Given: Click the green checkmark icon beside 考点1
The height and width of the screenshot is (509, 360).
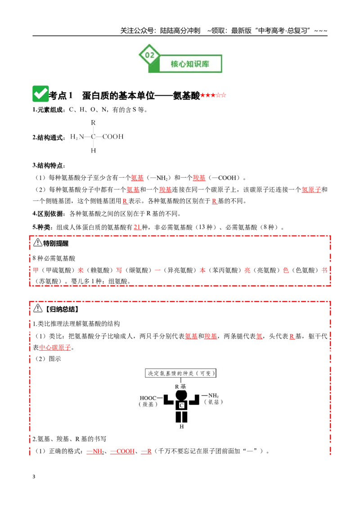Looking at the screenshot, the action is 40,94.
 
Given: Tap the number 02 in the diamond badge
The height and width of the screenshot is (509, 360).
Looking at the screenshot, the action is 149,55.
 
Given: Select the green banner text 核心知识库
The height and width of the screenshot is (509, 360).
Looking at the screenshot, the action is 190,64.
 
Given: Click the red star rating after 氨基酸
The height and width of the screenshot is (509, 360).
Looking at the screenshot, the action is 213,95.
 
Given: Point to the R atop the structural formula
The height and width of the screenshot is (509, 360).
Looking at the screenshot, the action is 93,123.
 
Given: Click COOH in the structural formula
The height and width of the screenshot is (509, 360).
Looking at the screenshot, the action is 113,137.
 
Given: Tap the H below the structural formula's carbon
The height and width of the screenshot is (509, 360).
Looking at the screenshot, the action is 93,151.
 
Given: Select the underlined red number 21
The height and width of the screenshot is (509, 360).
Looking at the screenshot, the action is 137,227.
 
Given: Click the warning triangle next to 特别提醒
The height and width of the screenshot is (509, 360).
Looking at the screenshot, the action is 38,242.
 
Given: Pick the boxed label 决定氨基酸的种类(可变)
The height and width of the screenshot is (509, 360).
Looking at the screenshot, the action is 180,373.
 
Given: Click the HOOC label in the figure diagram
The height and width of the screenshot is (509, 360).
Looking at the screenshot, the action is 148,398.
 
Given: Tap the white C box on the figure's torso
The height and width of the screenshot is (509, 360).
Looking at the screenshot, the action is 182,405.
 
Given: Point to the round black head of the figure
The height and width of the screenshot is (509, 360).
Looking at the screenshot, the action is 181,395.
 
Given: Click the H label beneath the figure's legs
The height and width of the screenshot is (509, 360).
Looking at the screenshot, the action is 182,427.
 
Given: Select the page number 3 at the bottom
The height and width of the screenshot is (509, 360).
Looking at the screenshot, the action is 34,477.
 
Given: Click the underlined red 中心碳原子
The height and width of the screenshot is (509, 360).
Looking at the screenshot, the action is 55,348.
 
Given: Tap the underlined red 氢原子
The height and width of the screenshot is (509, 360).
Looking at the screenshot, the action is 311,190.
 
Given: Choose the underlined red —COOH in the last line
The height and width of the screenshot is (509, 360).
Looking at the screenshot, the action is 122,451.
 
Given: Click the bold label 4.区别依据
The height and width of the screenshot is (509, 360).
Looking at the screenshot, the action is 48,214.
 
